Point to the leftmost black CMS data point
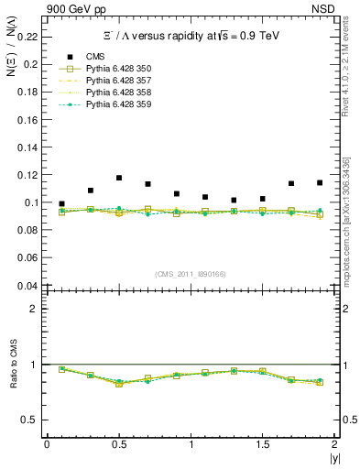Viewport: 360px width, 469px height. [x=61, y=204]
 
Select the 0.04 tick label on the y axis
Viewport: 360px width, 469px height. [x=27, y=285]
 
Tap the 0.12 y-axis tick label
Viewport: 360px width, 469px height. [x=27, y=174]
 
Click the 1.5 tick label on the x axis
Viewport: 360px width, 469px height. [x=262, y=444]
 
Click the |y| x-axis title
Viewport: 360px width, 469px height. [x=333, y=457]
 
